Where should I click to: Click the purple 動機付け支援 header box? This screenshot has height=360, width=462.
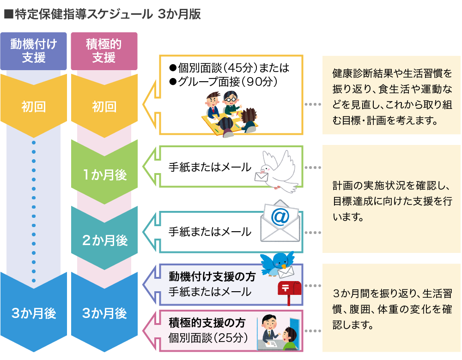[x=34, y=51]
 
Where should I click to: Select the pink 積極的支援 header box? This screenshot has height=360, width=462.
[x=104, y=51]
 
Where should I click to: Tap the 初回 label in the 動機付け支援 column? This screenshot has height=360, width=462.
[x=34, y=107]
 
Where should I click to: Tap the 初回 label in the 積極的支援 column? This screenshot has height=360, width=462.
[x=104, y=107]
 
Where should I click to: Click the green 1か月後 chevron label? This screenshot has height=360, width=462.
[x=104, y=175]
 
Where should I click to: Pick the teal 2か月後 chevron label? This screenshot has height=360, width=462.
[x=104, y=240]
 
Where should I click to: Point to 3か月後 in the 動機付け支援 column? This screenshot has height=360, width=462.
[x=34, y=313]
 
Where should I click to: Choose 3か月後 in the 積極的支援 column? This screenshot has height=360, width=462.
[x=104, y=313]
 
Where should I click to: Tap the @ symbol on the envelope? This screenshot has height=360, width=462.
[x=280, y=216]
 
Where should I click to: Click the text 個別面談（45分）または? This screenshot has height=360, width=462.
[x=229, y=68]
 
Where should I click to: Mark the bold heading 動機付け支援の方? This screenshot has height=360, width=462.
[x=212, y=277]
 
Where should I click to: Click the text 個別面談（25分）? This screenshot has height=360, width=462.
[x=208, y=337]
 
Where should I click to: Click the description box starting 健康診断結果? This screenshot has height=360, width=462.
[x=391, y=95]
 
